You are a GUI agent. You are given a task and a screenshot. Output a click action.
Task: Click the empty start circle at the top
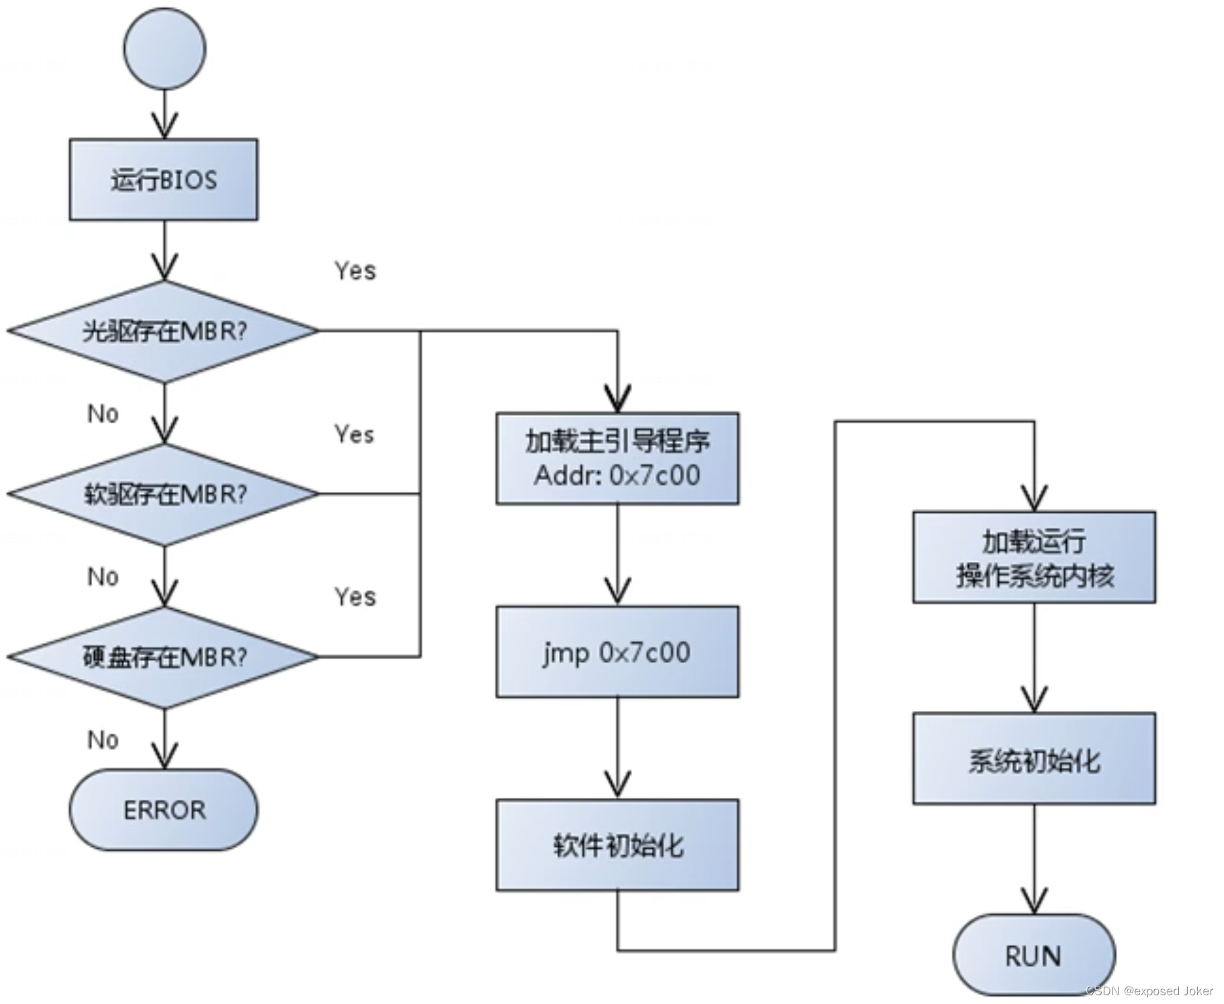point(165,49)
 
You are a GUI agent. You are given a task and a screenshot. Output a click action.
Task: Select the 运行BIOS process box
point(163,179)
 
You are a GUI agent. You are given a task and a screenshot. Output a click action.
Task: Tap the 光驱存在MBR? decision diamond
point(163,331)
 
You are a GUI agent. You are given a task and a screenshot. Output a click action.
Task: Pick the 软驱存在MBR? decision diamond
point(163,494)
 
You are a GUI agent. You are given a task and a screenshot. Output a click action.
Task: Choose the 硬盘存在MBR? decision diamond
point(163,657)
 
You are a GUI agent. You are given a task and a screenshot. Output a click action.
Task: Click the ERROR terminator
point(163,810)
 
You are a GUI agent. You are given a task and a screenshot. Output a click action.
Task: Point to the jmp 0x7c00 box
point(617,652)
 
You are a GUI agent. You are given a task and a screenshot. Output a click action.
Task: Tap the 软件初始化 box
point(617,845)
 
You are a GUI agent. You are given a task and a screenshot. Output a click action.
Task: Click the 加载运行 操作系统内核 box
point(1034,557)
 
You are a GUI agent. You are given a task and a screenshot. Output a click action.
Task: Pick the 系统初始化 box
point(1034,759)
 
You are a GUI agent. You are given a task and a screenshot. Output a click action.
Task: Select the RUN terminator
point(1034,955)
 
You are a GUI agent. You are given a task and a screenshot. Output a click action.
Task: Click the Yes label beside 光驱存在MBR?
point(355,271)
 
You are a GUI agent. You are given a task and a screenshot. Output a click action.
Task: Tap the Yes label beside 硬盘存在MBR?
point(355,597)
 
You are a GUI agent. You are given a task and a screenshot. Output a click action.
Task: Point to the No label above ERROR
point(103,740)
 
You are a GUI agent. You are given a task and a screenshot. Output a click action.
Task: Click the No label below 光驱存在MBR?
point(103,414)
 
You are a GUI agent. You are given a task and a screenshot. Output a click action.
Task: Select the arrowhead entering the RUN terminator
point(1034,902)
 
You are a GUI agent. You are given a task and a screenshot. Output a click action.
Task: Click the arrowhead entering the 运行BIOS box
point(165,127)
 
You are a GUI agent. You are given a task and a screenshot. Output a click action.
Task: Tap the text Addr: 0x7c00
point(617,476)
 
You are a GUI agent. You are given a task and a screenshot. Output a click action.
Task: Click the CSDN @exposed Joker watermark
point(1149,991)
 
